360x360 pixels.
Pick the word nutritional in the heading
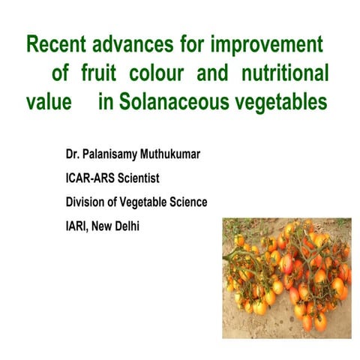click(283, 73)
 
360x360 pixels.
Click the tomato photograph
click(287, 277)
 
